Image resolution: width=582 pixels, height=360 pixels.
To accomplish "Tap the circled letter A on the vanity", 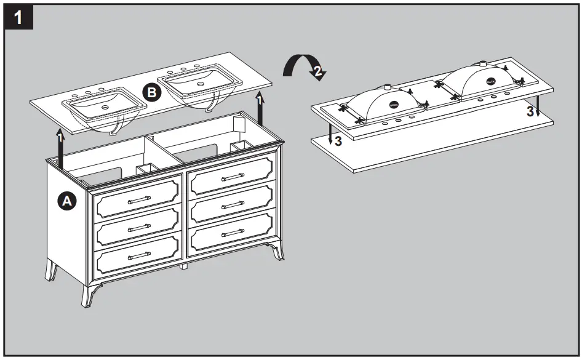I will pos(66,201).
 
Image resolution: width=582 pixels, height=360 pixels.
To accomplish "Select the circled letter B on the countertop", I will pos(151,92).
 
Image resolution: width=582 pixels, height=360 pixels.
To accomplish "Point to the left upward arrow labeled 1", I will pos(60,148).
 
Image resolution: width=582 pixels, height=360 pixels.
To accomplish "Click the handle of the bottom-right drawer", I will pos(232,232).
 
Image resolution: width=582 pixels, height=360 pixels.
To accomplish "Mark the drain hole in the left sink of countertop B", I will pos(105,107).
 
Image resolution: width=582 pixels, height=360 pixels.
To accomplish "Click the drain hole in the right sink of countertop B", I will pos(199,82).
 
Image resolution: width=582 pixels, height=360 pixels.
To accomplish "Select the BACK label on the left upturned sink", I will pos(394,105).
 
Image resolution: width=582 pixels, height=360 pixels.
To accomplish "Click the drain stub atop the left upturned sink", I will pos(388,88).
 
